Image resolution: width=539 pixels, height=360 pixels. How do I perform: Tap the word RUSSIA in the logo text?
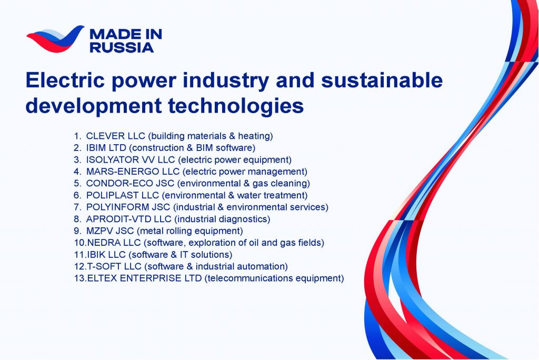(122, 48)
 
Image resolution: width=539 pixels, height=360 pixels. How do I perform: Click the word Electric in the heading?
(65, 80)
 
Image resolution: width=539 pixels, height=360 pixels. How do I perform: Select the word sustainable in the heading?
(382, 80)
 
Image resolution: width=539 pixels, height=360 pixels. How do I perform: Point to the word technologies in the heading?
(236, 105)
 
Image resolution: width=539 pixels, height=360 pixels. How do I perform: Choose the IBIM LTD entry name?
(106, 148)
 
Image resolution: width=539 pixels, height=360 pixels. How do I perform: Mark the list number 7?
(77, 207)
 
